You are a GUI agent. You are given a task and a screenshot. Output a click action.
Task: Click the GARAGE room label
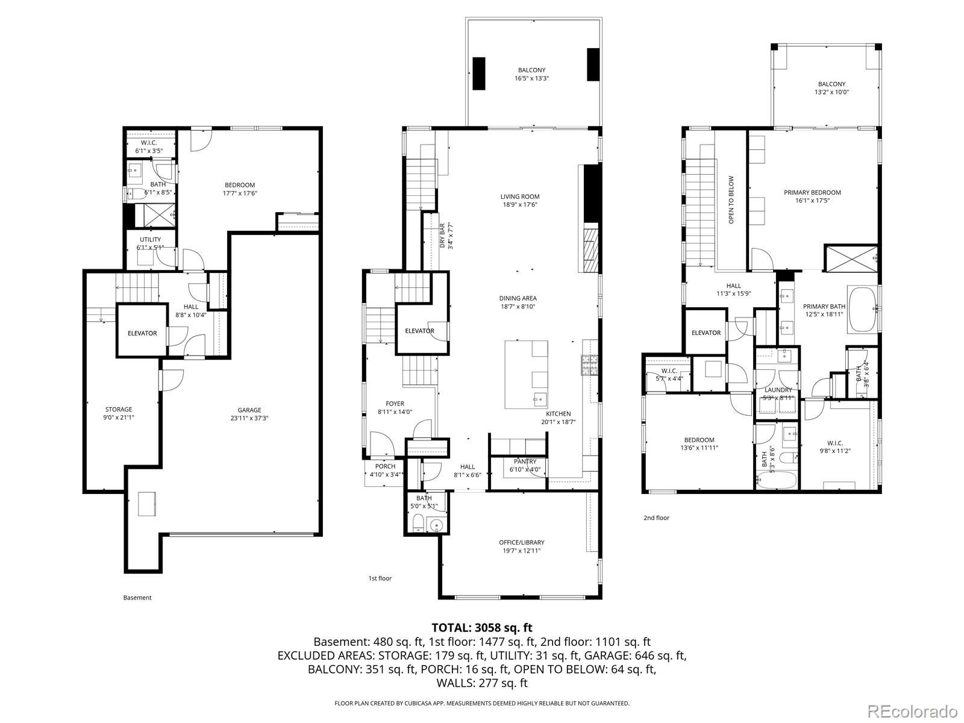249,410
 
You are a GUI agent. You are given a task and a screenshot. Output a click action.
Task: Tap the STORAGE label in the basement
119,410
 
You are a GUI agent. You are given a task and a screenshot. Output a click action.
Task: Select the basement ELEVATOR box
142,330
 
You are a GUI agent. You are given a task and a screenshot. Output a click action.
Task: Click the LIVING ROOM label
520,196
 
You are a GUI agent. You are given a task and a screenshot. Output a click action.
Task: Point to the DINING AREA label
518,298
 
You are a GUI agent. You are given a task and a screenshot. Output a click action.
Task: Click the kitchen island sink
539,399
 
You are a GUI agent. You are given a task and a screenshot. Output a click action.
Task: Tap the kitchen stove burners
590,365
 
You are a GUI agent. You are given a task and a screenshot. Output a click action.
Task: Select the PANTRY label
525,462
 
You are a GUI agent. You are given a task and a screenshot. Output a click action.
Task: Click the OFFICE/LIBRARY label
522,543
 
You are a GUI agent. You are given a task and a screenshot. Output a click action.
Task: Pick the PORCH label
385,466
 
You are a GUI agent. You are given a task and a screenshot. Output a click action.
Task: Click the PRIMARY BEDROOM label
813,192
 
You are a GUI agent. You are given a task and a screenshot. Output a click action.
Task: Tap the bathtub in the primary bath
863,310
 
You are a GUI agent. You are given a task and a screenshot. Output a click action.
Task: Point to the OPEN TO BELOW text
731,200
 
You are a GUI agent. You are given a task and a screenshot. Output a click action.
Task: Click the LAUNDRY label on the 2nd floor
778,390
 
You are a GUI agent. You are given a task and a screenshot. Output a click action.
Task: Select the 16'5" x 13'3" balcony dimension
532,78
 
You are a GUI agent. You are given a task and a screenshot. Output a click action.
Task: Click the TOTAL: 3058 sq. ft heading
482,628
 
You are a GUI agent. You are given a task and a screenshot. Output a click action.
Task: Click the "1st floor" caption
380,578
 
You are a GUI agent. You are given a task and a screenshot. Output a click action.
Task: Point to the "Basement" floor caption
137,598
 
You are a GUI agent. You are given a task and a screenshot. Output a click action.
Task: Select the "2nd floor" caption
657,518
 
